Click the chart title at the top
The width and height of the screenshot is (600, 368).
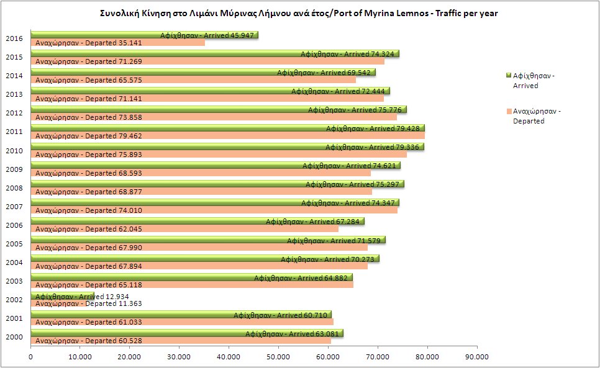(299, 13)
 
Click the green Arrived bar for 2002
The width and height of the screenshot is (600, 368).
(62, 295)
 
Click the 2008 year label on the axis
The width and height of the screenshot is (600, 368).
(14, 188)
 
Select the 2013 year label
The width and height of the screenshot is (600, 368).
(14, 94)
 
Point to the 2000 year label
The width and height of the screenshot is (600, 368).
(14, 338)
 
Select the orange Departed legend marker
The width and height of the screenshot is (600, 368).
(508, 111)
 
